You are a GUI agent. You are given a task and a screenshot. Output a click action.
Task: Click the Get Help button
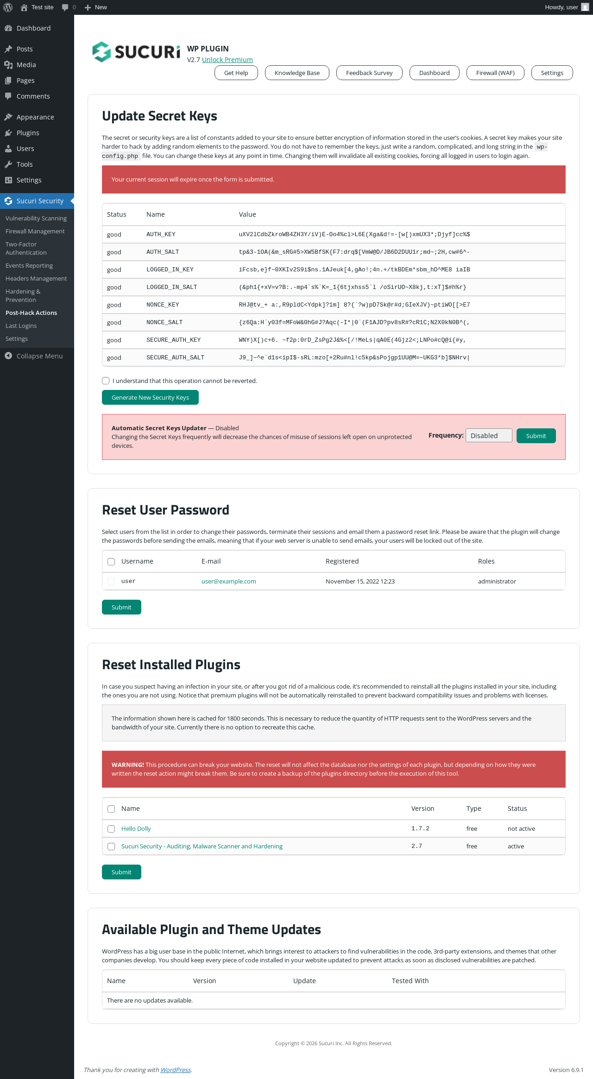(x=236, y=73)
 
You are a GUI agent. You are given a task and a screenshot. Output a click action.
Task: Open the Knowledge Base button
(x=297, y=73)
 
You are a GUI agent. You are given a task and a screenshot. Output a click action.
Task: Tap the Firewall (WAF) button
(x=495, y=73)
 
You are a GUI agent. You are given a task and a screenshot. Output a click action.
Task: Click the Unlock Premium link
(x=227, y=60)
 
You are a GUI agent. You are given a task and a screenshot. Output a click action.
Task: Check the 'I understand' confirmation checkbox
(x=106, y=381)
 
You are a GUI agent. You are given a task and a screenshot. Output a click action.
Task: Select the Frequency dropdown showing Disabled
(x=489, y=436)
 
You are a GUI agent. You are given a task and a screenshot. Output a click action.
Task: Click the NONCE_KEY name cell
(x=163, y=305)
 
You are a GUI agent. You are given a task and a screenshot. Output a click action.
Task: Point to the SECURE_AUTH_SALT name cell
(x=175, y=358)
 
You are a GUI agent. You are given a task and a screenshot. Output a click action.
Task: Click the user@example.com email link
(x=228, y=581)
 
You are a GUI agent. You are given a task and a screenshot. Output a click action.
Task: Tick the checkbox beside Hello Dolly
(x=111, y=829)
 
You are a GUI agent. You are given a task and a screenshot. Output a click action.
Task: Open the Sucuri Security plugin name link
(x=202, y=846)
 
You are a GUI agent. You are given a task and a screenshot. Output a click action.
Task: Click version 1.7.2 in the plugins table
(x=420, y=828)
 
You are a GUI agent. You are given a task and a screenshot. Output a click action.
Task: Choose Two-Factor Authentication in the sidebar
(x=26, y=248)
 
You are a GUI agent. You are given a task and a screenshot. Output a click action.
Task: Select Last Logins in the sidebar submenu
(x=21, y=326)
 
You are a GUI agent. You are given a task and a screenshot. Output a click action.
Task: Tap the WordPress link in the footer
(x=176, y=1070)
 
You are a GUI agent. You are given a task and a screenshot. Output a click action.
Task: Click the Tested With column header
(x=410, y=981)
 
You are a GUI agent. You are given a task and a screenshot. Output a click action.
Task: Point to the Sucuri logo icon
(x=101, y=52)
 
